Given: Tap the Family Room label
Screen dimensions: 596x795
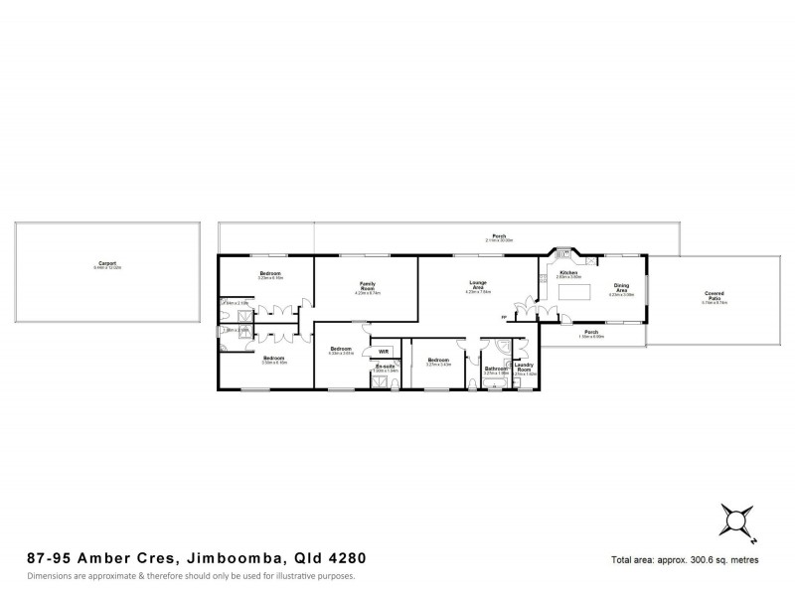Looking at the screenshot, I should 366,285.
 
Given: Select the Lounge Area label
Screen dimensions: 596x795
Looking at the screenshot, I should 478,285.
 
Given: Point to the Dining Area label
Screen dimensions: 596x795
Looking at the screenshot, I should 621,287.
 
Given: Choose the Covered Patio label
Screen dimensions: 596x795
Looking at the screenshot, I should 714,296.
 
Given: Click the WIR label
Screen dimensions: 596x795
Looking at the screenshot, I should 384,351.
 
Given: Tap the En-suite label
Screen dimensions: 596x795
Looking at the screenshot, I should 384,366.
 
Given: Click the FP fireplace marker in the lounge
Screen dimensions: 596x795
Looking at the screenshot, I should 505,318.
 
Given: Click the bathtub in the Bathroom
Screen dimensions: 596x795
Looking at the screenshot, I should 494,382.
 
